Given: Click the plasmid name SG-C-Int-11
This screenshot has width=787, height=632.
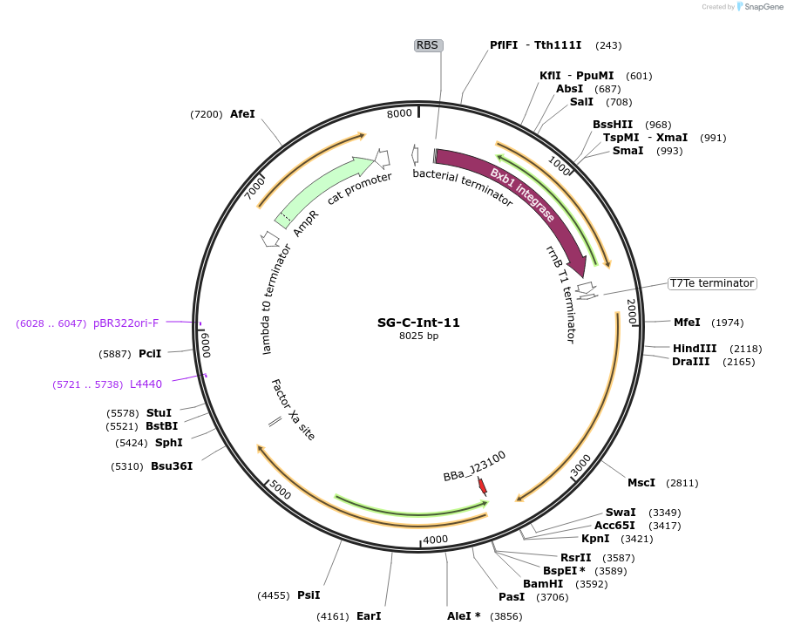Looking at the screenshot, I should [x=418, y=322].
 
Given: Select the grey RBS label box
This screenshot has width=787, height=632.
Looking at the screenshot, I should [x=427, y=45].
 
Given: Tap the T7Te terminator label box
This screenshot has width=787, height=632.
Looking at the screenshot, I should [x=711, y=283].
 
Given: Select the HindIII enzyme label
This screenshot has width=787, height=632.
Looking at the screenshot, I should [x=693, y=349].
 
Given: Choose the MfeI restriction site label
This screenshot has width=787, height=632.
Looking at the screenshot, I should [x=687, y=323].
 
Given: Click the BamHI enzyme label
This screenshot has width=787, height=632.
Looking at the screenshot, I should [x=542, y=584].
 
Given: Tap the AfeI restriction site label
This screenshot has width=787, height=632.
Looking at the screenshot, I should [x=242, y=114].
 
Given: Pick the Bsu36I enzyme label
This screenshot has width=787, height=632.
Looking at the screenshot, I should [x=172, y=466].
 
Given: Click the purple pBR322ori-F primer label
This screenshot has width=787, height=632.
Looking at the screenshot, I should [x=126, y=323].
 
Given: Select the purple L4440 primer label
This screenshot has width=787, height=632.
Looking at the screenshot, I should [x=146, y=384].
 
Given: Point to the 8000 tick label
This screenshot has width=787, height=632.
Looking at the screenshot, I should [x=399, y=114].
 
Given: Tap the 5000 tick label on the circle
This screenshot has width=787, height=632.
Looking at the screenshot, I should [x=280, y=491].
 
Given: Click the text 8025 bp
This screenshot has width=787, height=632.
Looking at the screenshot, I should [x=418, y=336].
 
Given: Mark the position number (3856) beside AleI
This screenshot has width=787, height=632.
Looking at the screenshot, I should [x=506, y=616].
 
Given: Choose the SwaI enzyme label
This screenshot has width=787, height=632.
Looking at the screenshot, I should [x=621, y=512].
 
